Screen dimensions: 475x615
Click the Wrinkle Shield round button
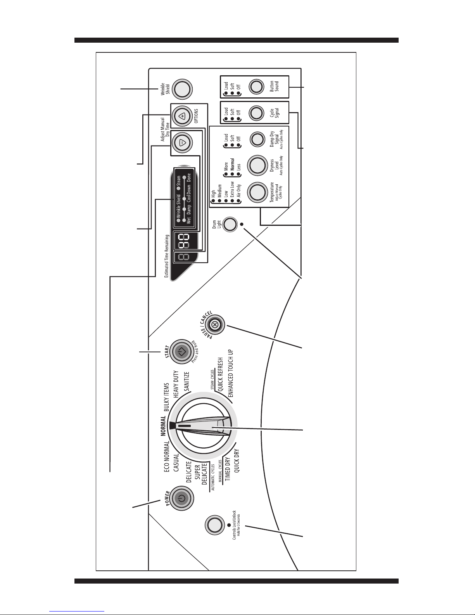pyautogui.click(x=182, y=89)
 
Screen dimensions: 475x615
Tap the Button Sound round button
pyautogui.click(x=256, y=87)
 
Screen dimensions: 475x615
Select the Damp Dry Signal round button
pyautogui.click(x=257, y=139)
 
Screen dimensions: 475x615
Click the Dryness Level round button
pyautogui.click(x=257, y=165)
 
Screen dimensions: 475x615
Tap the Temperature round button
pyautogui.click(x=257, y=192)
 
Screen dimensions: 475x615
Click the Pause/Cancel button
pyautogui.click(x=215, y=325)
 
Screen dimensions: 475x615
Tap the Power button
pyautogui.click(x=182, y=498)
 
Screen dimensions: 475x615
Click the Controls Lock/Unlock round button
pyautogui.click(x=214, y=525)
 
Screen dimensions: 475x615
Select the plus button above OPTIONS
pyautogui.click(x=182, y=116)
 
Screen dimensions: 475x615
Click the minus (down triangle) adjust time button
pyautogui.click(x=182, y=143)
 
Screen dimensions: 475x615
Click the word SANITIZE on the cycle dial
pyautogui.click(x=187, y=381)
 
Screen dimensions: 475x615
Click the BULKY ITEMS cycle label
pyautogui.click(x=166, y=397)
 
